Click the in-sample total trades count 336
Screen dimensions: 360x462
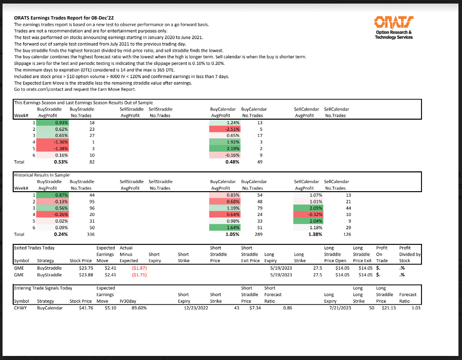91,235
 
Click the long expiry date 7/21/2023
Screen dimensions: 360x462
340,308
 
